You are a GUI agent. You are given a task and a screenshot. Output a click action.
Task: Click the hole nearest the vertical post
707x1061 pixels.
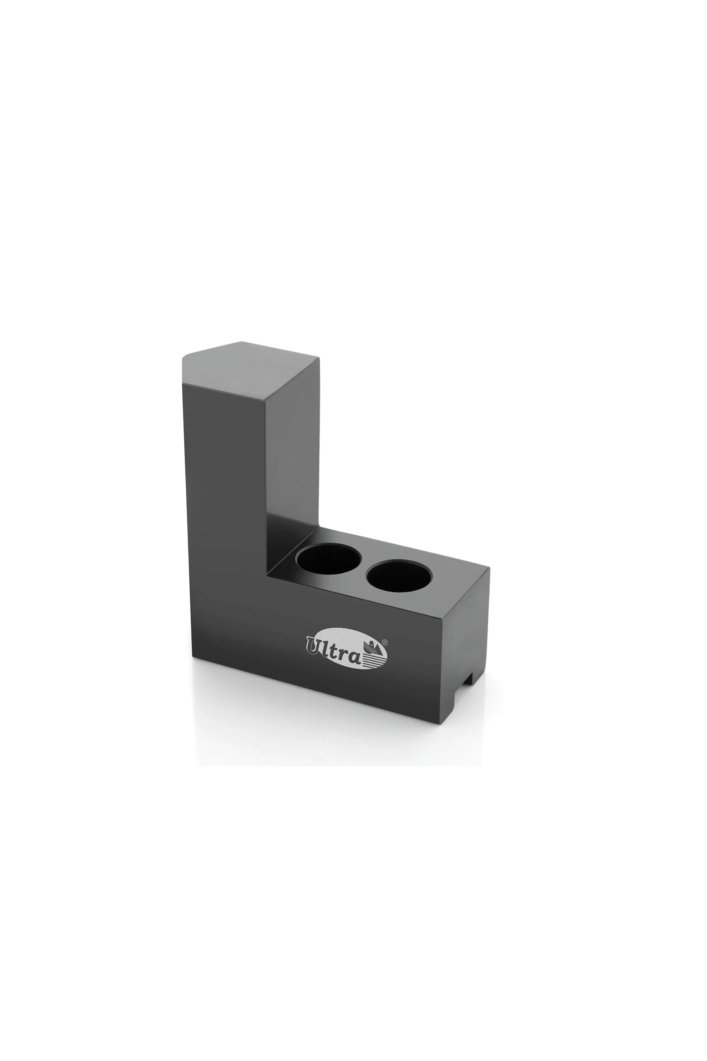click(x=328, y=558)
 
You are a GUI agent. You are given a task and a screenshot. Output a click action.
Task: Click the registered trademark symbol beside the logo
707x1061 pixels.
click(x=385, y=642)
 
